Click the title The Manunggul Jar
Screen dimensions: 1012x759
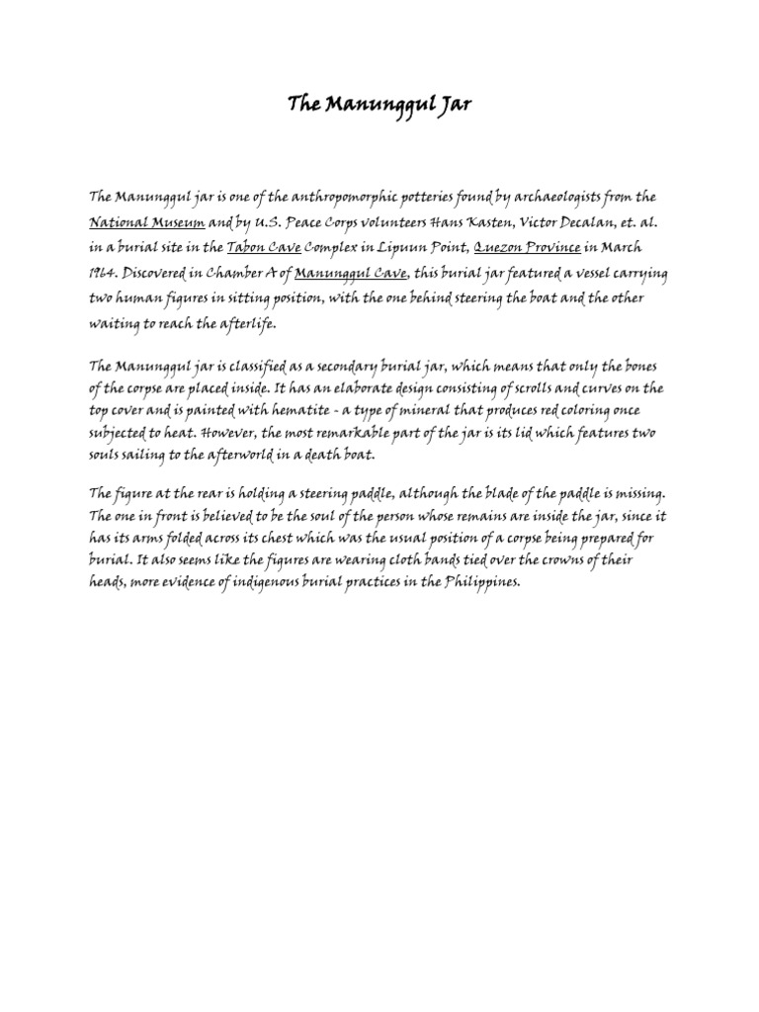[x=379, y=104]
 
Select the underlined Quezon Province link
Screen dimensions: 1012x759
[x=504, y=248]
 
